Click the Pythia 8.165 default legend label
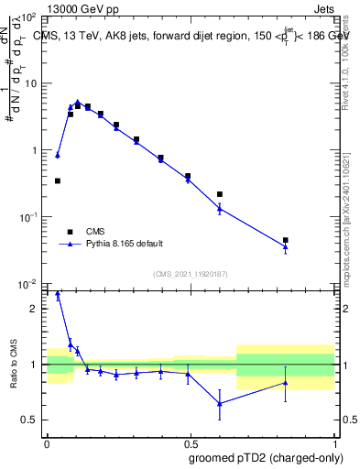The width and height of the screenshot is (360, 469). coord(125,244)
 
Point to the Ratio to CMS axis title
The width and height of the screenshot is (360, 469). coord(13,365)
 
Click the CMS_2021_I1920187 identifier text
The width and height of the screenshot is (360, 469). coord(190,273)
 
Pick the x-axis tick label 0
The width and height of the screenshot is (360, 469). coord(47,441)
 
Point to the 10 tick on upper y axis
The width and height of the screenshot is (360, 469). coord(30,83)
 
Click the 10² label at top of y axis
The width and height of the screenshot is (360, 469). coord(28,17)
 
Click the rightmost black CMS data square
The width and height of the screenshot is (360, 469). coord(286,240)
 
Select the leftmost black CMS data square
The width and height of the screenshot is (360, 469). coord(58,180)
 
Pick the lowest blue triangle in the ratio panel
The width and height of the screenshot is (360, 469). coord(220,403)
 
